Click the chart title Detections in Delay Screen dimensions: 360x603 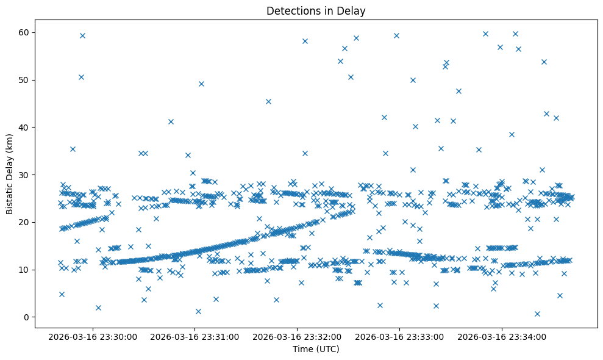tap(316, 10)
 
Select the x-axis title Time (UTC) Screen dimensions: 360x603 tap(316, 349)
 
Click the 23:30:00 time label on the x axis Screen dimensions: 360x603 tap(93, 337)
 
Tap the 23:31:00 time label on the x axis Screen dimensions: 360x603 tap(196, 337)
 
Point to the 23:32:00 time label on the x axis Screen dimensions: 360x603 tap(298, 337)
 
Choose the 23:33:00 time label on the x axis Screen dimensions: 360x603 tap(400, 337)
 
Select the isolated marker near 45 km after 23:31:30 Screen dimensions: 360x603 tap(268, 101)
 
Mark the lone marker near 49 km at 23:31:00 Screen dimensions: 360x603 tap(201, 84)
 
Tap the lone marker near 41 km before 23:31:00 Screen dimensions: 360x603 tap(171, 121)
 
